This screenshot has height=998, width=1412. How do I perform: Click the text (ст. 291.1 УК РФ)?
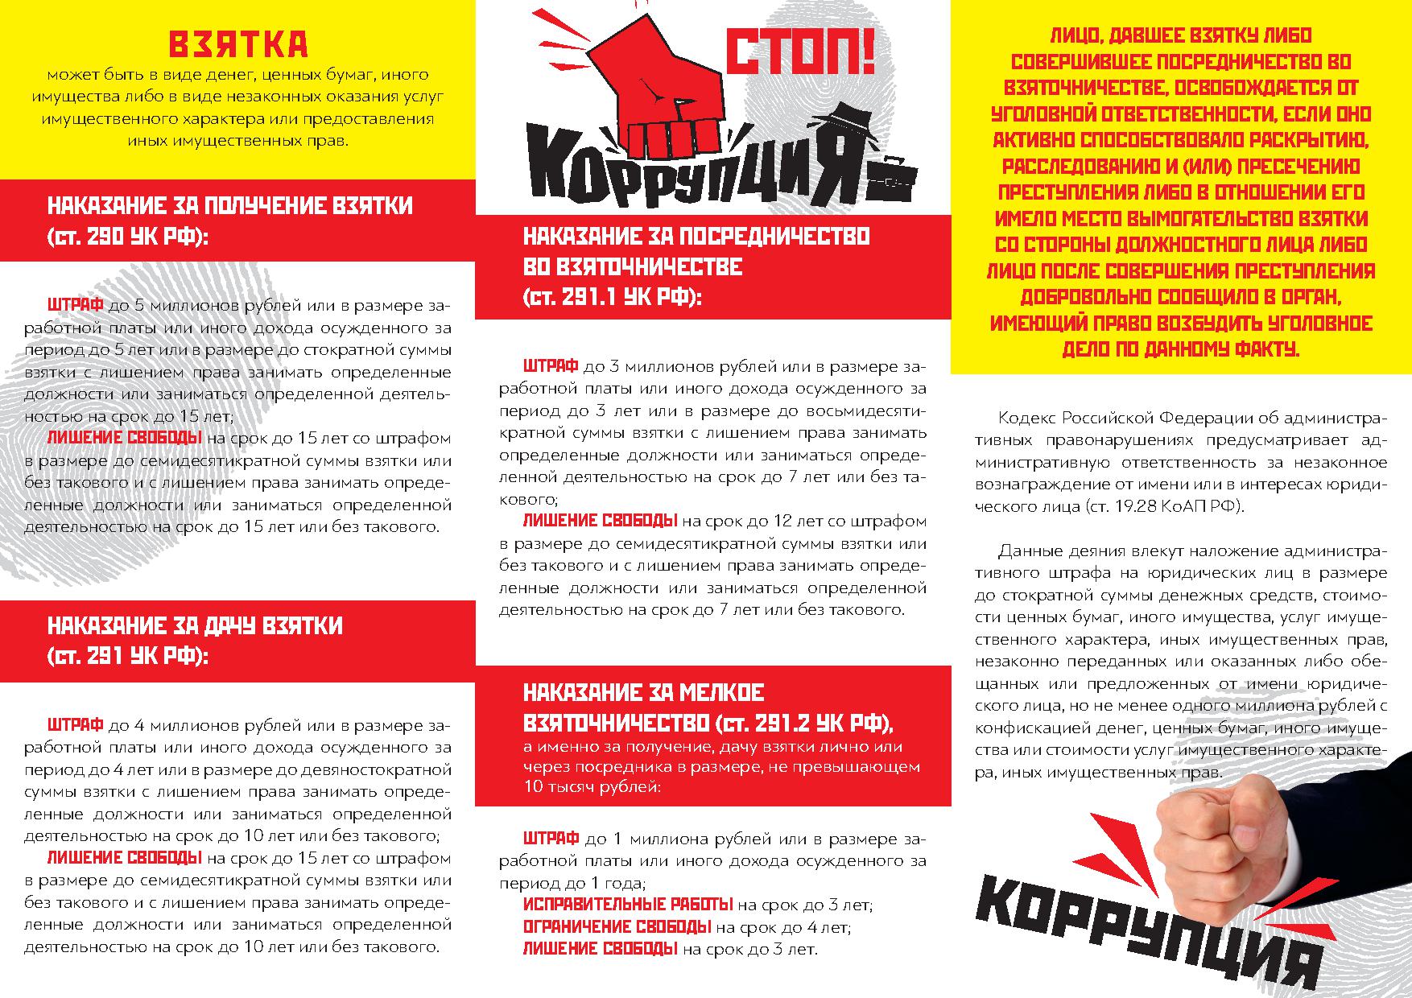[x=612, y=296]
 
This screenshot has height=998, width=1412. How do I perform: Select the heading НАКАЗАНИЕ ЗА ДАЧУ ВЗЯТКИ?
[x=195, y=625]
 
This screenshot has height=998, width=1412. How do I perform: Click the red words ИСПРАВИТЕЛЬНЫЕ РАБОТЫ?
[x=627, y=904]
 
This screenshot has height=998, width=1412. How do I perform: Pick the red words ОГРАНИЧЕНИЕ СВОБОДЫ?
[x=617, y=926]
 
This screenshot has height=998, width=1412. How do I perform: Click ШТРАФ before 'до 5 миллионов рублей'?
[x=75, y=306]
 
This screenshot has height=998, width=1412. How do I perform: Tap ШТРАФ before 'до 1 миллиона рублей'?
[x=551, y=838]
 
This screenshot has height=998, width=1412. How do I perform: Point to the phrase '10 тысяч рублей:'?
[x=592, y=786]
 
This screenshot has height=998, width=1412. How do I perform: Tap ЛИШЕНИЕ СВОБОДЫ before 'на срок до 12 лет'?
[x=600, y=520]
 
